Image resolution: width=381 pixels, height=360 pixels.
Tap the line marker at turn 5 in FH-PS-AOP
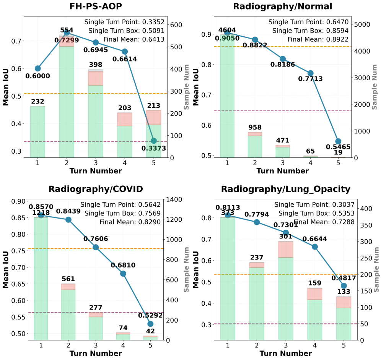(154, 141)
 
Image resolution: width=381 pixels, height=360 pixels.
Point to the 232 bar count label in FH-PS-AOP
(38, 101)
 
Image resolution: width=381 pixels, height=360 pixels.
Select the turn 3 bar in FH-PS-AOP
(96, 115)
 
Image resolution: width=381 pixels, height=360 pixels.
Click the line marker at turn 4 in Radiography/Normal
(311, 73)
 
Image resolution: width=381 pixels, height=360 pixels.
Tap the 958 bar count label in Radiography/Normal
(255, 127)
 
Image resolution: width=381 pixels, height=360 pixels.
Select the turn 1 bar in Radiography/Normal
(227, 96)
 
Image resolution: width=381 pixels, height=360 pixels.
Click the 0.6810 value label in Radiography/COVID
(123, 265)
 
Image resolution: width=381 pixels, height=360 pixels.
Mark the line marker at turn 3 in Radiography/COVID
(96, 247)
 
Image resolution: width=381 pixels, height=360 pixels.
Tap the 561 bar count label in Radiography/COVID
(68, 279)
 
